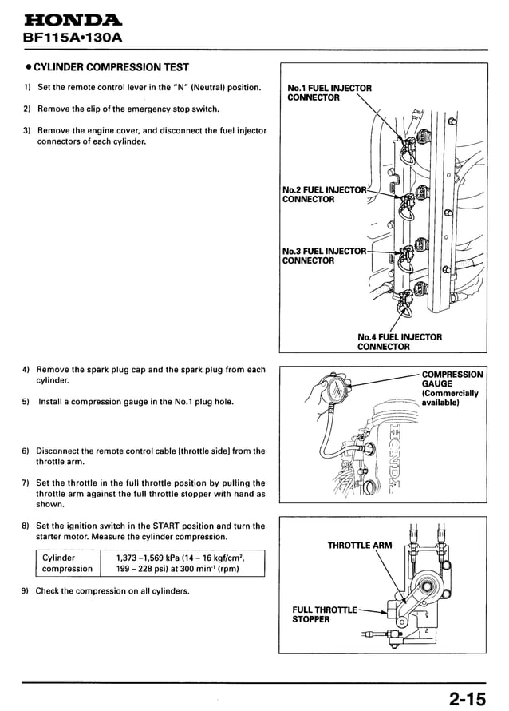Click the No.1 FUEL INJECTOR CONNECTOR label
[329, 93]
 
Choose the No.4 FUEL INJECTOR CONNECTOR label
[399, 342]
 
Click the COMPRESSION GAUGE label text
[452, 388]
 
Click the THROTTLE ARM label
[360, 546]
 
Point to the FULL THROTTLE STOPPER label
[324, 614]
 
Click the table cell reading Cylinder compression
[67, 563]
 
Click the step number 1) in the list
[27, 87]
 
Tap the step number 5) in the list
[27, 402]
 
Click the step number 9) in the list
[27, 591]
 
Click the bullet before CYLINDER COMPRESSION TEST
[27, 67]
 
